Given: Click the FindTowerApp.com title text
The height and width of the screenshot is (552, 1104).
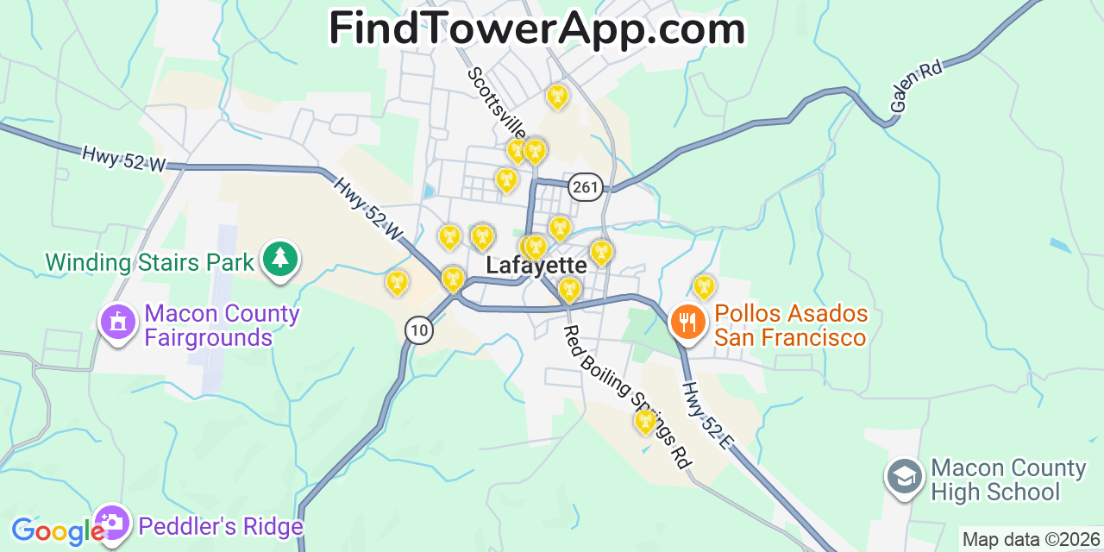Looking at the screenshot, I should [x=536, y=29].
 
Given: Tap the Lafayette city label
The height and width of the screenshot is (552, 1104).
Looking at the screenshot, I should [x=536, y=265].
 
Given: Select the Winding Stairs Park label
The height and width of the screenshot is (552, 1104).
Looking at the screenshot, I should [x=150, y=262].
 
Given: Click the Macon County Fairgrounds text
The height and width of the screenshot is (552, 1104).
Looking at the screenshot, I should [x=222, y=325].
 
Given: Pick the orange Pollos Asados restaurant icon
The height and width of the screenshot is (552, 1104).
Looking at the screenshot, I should [x=687, y=323].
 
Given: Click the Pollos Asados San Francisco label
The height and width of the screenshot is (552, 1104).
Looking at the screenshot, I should [x=790, y=325].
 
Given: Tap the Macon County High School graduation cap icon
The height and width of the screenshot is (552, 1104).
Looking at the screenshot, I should [x=904, y=476].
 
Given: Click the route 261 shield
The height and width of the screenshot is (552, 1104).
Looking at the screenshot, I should [x=586, y=186].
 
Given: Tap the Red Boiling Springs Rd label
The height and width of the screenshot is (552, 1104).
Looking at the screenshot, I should [x=627, y=398].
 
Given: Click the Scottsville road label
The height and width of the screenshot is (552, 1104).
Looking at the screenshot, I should [x=497, y=103].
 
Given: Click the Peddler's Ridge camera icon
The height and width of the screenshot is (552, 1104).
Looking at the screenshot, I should [x=111, y=523].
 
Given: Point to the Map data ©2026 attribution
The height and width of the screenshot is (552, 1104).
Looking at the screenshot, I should [x=1031, y=540].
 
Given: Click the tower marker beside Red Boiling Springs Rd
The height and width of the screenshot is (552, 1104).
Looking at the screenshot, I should [x=645, y=421].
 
